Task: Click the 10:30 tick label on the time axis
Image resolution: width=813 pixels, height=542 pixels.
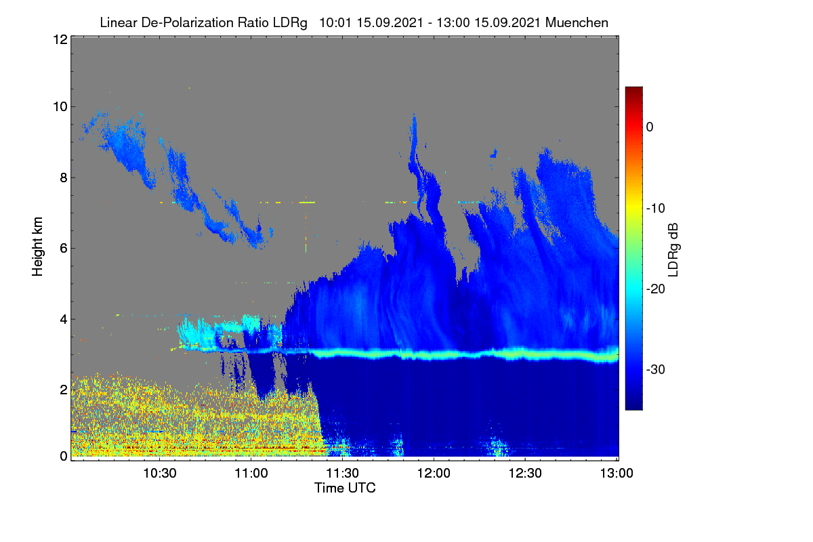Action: [160, 473]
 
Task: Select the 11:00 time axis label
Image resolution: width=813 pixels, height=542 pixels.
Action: [251, 473]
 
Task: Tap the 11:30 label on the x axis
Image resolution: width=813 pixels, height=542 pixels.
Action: [342, 473]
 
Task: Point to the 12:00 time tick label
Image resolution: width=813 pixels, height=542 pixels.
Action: [434, 473]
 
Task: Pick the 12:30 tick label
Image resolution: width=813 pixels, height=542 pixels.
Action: [525, 473]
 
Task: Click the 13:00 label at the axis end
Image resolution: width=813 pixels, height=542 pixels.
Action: [617, 473]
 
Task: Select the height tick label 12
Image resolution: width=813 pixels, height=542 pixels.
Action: [60, 39]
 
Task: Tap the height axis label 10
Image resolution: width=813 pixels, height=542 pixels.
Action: [60, 107]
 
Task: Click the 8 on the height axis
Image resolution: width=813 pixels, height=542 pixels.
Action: [64, 178]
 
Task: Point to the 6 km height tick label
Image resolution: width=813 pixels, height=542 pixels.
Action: [64, 249]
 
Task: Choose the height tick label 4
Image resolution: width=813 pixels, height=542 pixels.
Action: [64, 319]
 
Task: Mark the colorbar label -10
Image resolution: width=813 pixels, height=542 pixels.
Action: [656, 208]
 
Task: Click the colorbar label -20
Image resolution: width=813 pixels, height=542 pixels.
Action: [656, 289]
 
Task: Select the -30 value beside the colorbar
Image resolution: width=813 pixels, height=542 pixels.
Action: [656, 369]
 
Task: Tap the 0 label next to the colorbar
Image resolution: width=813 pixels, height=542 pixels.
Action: [650, 127]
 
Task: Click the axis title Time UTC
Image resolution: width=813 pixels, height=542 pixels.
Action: [345, 488]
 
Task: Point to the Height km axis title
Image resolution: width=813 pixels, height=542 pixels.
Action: [37, 247]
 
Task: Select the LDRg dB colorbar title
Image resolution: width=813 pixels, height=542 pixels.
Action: [673, 250]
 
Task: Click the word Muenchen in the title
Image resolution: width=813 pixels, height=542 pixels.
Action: [577, 22]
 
